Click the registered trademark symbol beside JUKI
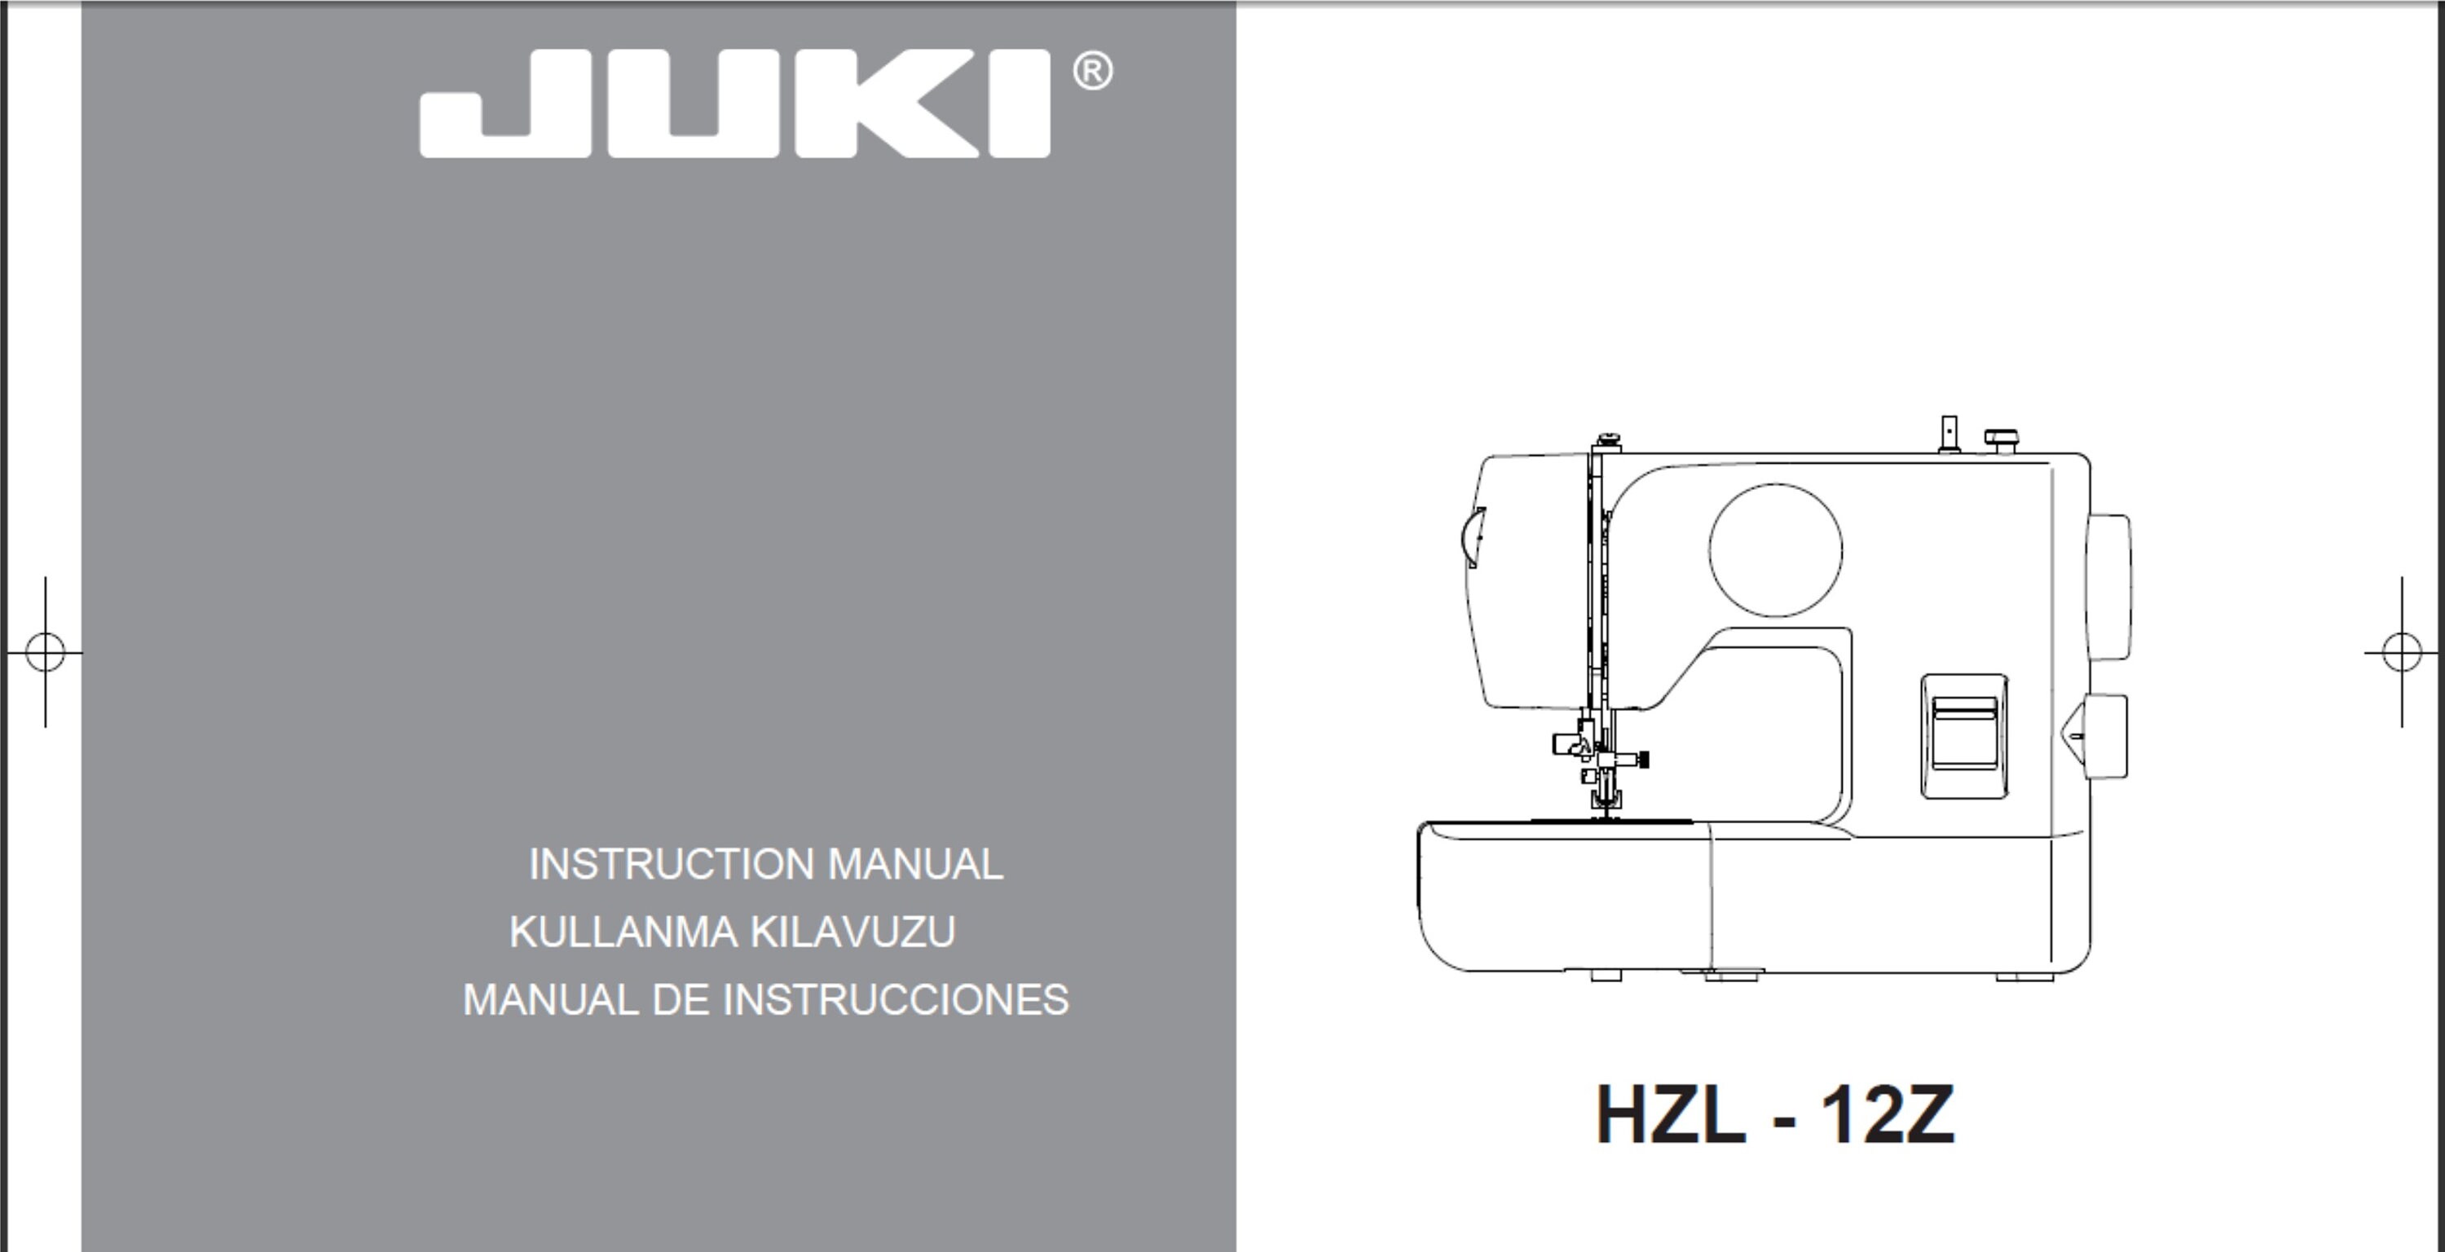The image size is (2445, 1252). [x=1092, y=73]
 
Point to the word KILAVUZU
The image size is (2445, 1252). [x=852, y=932]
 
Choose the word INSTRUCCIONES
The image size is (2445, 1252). [x=895, y=1000]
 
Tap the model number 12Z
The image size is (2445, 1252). [x=1887, y=1114]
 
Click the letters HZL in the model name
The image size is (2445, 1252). [x=1670, y=1114]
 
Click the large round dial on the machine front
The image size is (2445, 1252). [x=1775, y=549]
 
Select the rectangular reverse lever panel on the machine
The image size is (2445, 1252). [x=1964, y=736]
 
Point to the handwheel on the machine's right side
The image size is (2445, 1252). [x=2108, y=588]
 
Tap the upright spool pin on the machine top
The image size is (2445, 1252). [x=1949, y=433]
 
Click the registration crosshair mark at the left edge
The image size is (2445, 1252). [x=45, y=652]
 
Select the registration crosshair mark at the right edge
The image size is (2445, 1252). [x=2401, y=652]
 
